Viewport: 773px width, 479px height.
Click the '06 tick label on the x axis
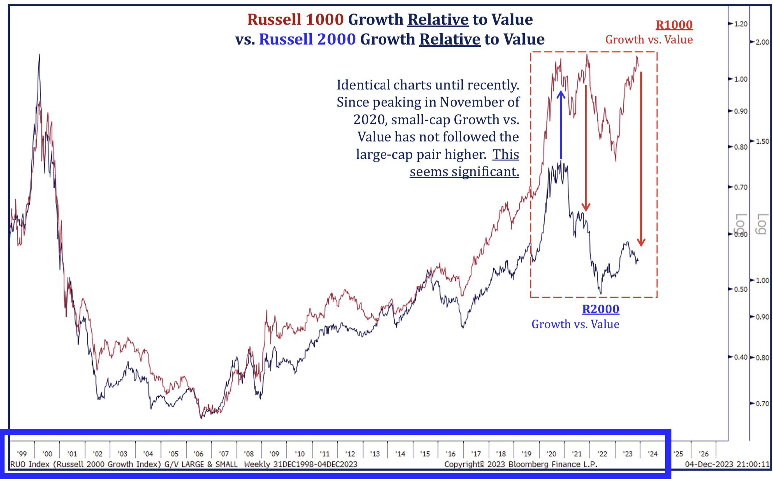[198, 454]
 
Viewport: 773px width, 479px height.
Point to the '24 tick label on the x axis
[652, 454]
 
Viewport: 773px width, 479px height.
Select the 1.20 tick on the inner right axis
[740, 24]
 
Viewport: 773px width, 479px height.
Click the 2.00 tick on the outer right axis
[762, 42]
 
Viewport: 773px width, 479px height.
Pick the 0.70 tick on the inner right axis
[740, 187]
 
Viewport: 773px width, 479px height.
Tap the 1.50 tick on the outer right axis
[762, 142]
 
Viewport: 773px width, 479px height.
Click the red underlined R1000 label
[674, 25]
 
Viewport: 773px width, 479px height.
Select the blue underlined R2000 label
[600, 309]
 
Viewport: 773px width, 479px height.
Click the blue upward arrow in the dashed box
[561, 124]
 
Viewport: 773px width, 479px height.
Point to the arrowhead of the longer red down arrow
[641, 242]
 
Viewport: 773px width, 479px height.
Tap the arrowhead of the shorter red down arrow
[586, 207]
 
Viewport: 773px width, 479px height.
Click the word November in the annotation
[479, 102]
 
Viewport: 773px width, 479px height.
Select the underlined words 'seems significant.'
[464, 171]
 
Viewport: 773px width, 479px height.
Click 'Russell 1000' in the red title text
[295, 19]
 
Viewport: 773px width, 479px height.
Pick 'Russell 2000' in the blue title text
[307, 39]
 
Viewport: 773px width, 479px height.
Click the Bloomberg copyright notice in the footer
[520, 464]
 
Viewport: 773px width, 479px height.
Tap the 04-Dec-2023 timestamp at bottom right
[727, 464]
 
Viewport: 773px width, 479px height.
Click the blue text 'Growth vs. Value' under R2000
[575, 324]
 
